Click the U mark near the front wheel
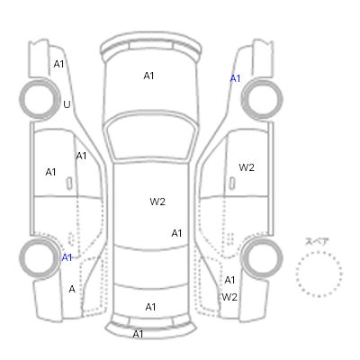click(67, 104)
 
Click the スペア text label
click(317, 241)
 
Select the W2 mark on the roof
click(157, 202)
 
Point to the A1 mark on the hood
click(148, 76)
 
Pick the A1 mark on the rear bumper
click(138, 334)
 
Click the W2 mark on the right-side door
click(247, 167)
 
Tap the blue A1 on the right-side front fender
click(235, 78)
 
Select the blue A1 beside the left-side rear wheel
click(67, 257)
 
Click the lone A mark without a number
click(72, 289)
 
